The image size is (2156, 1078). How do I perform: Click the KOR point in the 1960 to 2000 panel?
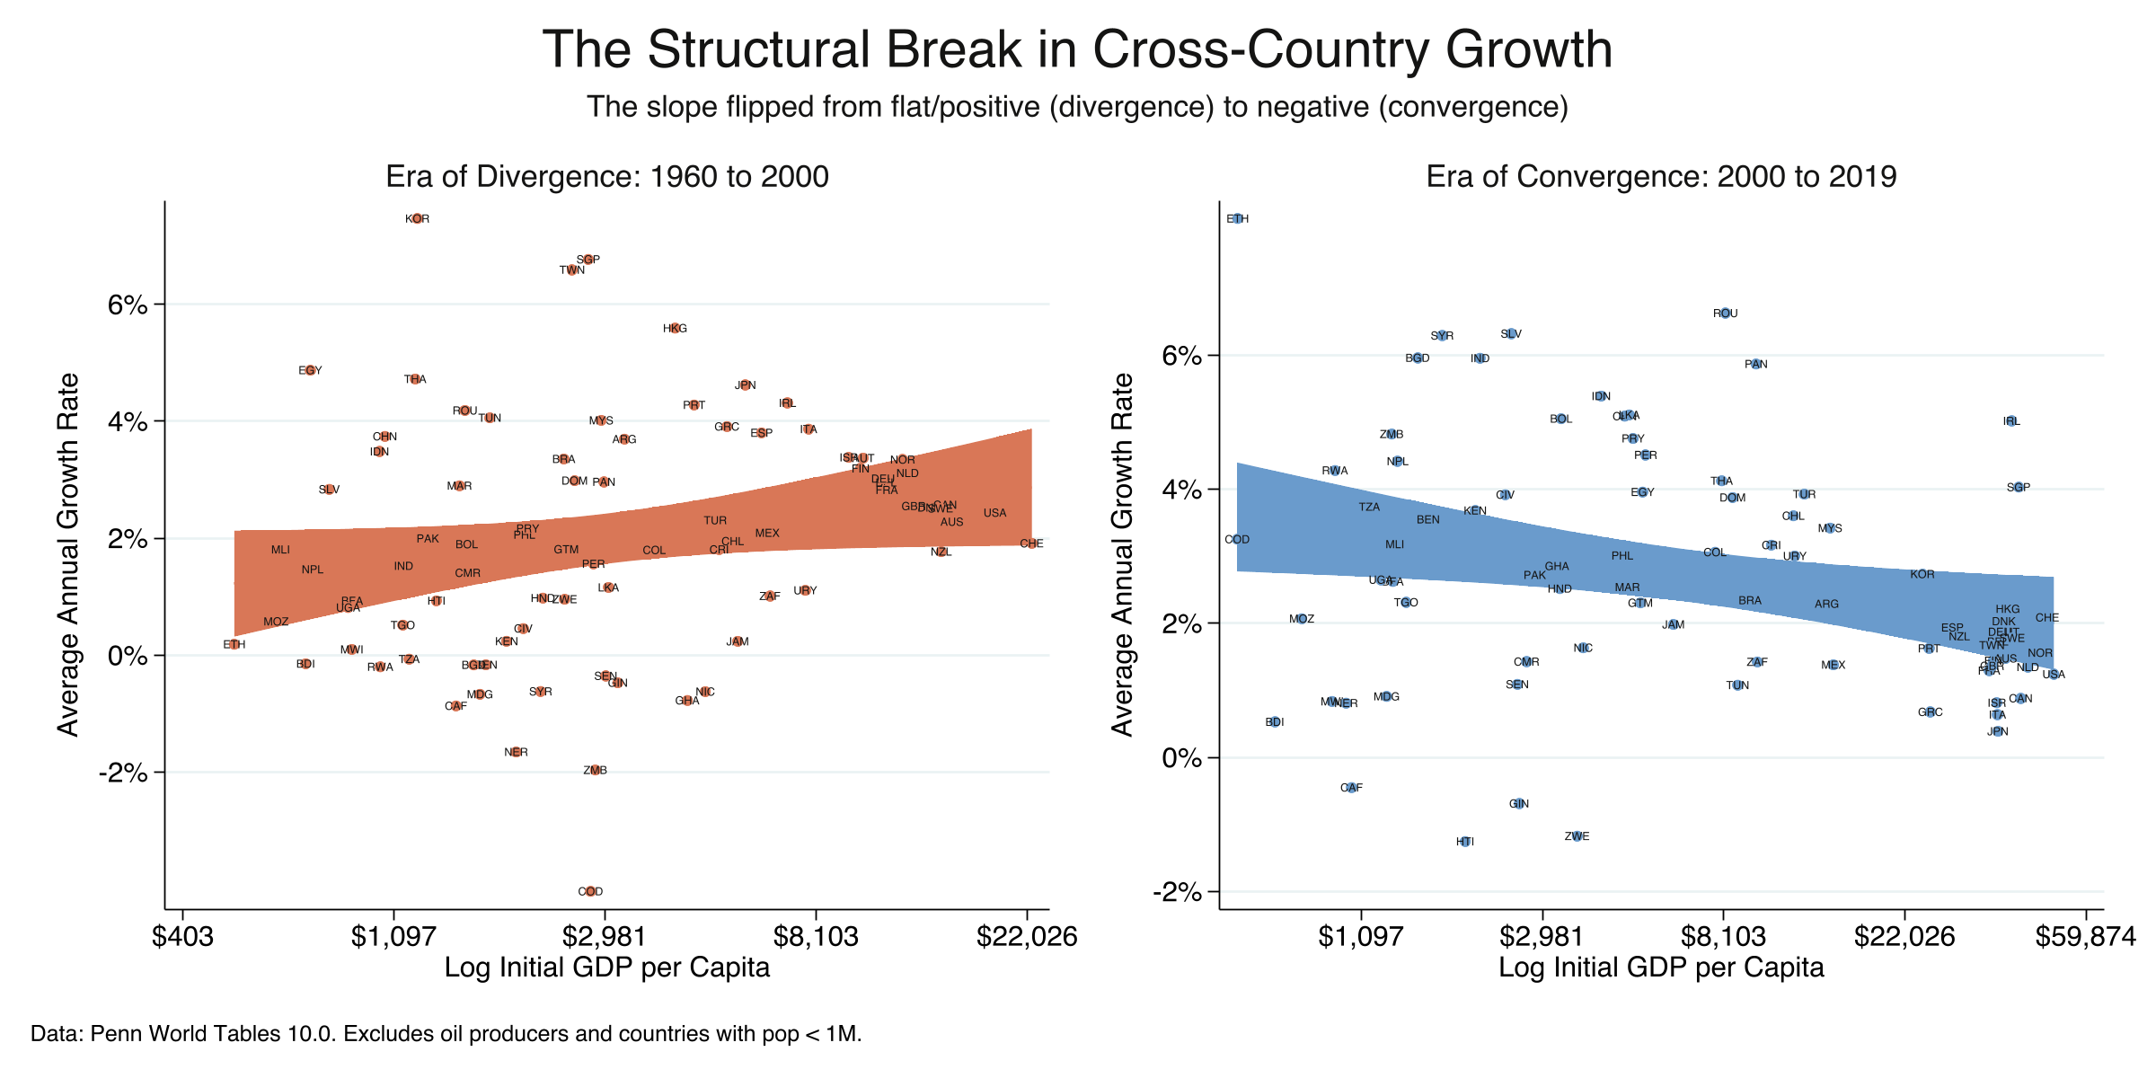click(x=417, y=219)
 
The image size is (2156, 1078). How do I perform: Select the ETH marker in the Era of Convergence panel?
click(x=1237, y=219)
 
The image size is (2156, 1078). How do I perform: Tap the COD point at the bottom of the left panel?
click(x=590, y=892)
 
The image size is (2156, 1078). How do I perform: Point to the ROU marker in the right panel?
click(x=1725, y=314)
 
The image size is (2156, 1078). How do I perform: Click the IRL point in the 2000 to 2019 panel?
click(x=2011, y=421)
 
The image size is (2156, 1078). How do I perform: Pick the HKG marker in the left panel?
click(x=675, y=329)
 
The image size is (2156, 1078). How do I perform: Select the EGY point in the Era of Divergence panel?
click(x=310, y=370)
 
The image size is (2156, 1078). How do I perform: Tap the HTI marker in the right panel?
click(x=1465, y=842)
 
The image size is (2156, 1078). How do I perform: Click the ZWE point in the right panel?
click(x=1577, y=836)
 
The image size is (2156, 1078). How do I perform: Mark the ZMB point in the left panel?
click(x=595, y=771)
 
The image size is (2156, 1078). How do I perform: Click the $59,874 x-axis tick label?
click(x=2085, y=938)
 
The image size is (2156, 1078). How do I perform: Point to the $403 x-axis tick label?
click(x=182, y=938)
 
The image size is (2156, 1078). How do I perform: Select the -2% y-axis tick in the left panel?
click(x=128, y=773)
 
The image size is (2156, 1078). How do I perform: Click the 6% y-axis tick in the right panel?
click(x=1182, y=356)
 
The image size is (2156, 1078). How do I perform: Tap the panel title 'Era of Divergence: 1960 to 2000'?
click(x=607, y=177)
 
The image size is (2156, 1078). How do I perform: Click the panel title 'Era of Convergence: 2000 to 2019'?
click(x=1661, y=177)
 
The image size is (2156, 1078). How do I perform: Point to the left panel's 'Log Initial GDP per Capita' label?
click(x=607, y=968)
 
